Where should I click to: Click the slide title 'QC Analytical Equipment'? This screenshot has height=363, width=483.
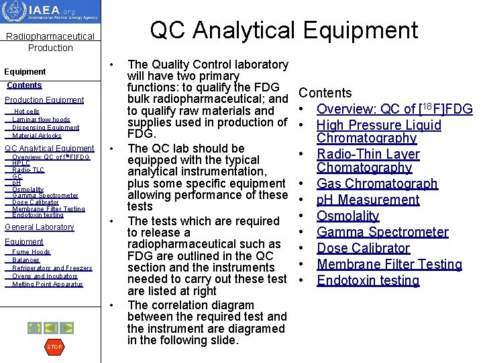[284, 30]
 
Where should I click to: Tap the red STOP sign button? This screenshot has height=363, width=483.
[54, 347]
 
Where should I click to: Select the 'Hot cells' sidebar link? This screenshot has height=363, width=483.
[27, 112]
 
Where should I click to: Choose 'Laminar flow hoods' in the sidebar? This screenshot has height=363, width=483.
[41, 120]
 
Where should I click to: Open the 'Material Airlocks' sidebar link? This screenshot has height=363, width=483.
[37, 136]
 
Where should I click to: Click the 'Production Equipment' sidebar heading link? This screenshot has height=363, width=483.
[44, 100]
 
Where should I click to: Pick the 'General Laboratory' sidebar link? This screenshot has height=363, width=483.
[40, 227]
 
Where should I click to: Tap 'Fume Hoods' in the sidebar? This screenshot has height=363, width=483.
[32, 252]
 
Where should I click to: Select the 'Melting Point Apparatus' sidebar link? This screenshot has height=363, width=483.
[48, 284]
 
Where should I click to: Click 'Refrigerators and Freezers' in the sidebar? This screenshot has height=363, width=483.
[52, 268]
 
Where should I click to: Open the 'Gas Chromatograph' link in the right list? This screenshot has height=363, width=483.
[377, 184]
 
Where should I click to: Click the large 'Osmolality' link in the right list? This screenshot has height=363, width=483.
[348, 216]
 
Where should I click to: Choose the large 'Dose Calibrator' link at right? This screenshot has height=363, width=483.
[363, 248]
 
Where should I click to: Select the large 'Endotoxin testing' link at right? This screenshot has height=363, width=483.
[368, 280]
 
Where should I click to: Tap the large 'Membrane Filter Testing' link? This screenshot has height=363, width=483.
[389, 264]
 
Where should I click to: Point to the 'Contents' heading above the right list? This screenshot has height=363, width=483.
[325, 93]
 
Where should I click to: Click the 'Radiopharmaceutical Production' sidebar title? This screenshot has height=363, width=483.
[50, 42]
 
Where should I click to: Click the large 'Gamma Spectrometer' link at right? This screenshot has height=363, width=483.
[382, 232]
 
